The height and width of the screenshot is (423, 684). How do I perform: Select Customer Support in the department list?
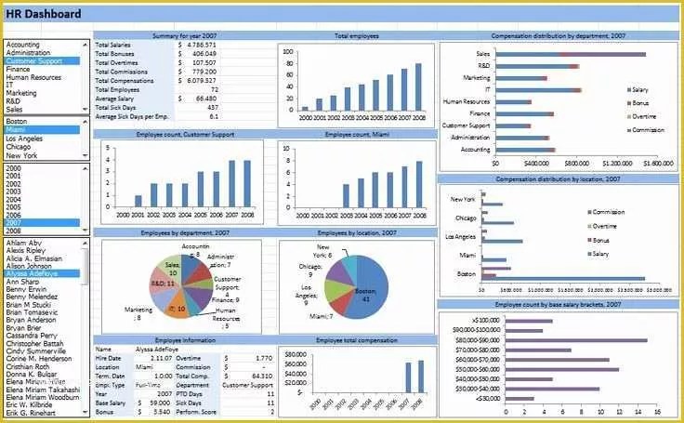(35, 60)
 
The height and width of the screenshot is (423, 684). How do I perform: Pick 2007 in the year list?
(15, 223)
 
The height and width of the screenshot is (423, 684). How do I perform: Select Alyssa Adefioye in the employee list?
(33, 273)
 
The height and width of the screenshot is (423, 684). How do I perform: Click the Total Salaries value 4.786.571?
(201, 44)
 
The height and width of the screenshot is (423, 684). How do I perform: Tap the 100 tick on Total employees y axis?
(289, 52)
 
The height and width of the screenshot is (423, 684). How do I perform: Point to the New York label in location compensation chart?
(463, 199)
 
